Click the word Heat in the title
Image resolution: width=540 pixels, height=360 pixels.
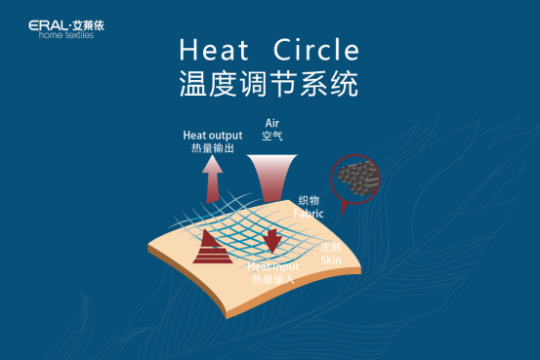click(x=211, y=51)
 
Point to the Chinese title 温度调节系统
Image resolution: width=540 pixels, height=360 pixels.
click(x=269, y=84)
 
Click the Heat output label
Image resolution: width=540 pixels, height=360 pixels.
click(x=214, y=135)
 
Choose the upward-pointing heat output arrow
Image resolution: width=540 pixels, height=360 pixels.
click(x=212, y=180)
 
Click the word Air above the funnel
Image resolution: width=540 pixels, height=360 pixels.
click(x=273, y=123)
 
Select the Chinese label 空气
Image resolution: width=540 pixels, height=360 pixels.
click(x=273, y=137)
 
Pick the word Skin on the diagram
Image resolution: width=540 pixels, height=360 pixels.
click(x=331, y=260)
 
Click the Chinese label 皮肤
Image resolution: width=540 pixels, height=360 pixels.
click(x=331, y=248)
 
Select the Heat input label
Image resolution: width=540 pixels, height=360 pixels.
click(x=273, y=266)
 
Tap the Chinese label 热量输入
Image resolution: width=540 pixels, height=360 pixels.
click(x=272, y=279)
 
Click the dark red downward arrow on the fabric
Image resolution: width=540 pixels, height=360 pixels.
click(x=272, y=238)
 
